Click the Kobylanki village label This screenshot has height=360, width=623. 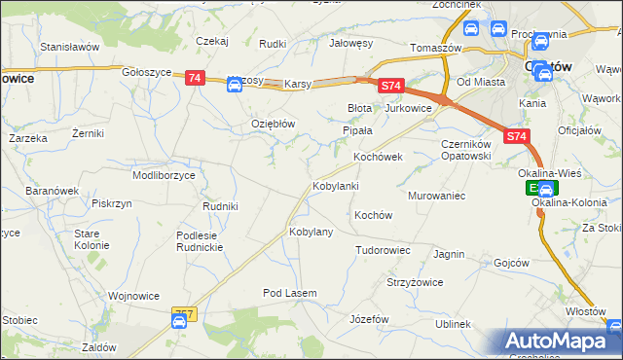tap(336, 185)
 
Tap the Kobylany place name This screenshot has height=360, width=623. tap(311, 232)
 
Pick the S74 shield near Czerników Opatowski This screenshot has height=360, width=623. tap(517, 138)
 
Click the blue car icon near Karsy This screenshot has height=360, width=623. tap(235, 85)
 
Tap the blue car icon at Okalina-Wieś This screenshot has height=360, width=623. tap(547, 190)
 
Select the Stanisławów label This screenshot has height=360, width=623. tap(70, 46)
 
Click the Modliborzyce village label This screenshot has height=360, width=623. tap(165, 175)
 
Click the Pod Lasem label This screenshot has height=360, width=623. tap(288, 293)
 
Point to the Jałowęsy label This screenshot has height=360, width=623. tap(352, 43)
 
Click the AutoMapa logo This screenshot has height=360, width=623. tap(561, 342)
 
